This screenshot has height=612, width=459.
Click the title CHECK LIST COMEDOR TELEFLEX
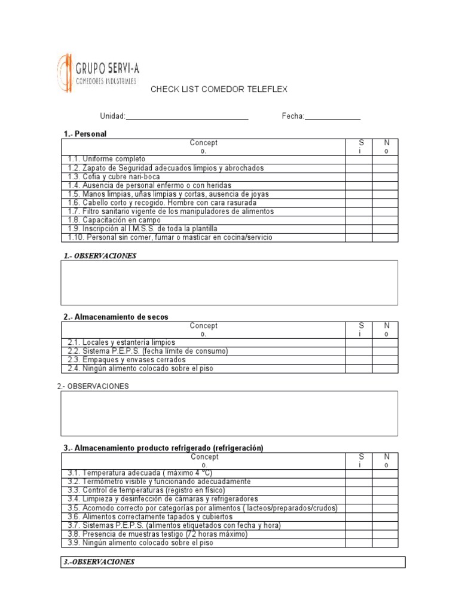(x=219, y=89)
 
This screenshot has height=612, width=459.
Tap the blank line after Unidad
(x=187, y=116)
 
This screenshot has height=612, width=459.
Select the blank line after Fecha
(x=333, y=116)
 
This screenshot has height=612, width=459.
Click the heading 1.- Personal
(x=85, y=134)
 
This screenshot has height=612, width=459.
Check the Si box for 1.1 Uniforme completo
(x=359, y=160)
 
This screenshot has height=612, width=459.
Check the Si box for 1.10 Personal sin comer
(x=359, y=237)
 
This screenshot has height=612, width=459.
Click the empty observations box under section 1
(x=229, y=283)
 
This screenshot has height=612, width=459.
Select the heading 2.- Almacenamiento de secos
(x=116, y=317)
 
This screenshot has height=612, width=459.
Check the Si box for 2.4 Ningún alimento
(x=359, y=369)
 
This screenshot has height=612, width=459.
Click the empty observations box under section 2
(x=229, y=414)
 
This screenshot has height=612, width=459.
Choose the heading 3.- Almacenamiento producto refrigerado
(x=163, y=448)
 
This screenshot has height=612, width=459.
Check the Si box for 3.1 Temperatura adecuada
(x=359, y=473)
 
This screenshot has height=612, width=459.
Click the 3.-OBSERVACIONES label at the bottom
(x=100, y=562)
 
